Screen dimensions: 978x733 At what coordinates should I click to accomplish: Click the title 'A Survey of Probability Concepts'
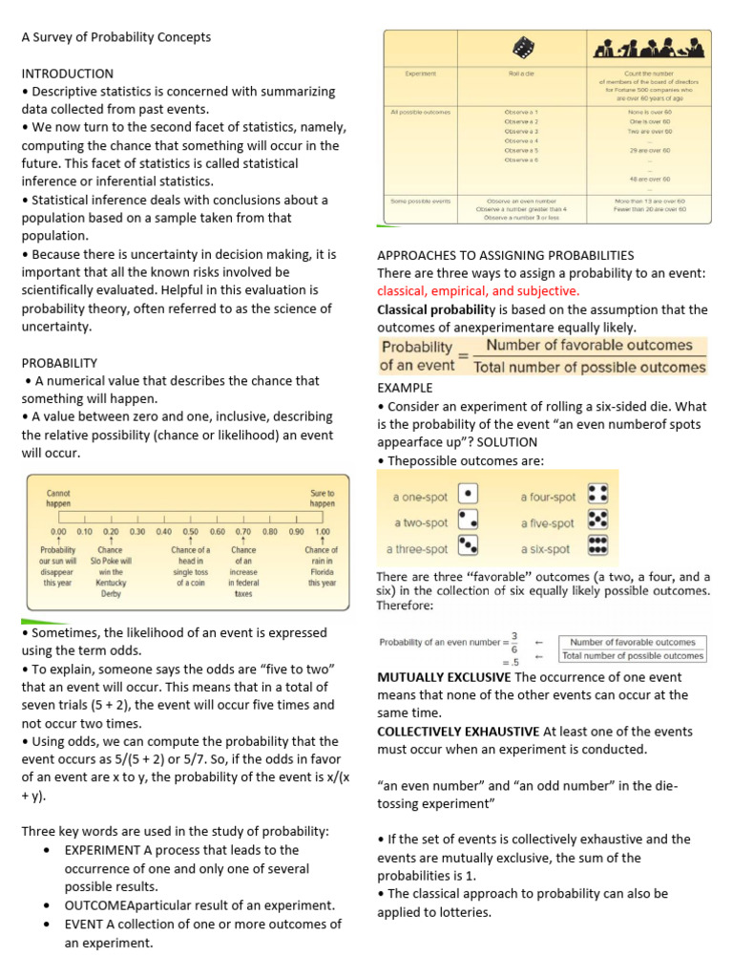coord(116,37)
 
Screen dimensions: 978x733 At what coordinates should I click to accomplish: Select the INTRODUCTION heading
coord(67,74)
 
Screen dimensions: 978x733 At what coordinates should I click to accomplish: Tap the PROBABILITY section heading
coord(59,362)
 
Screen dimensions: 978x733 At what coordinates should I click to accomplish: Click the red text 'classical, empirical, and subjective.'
coord(478,290)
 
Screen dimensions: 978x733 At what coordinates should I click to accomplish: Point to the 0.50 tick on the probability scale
coord(191,531)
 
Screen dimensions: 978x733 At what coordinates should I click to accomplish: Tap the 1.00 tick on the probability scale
coord(323,531)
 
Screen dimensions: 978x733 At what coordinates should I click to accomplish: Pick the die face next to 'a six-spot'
coord(598,547)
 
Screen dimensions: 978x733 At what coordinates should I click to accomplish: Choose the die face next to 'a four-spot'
coord(598,495)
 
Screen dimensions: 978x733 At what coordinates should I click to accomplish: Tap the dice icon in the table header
coord(522,47)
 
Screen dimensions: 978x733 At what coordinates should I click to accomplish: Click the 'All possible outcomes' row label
coord(420,112)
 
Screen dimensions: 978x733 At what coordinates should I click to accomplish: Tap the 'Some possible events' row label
coord(420,201)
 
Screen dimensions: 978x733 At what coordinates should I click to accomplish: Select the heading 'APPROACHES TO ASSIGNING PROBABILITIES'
coord(505,255)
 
